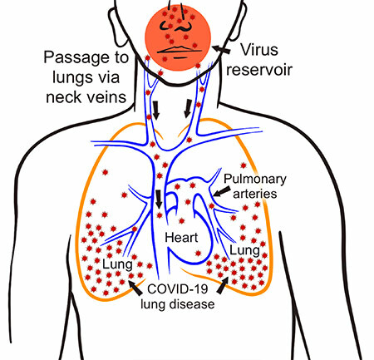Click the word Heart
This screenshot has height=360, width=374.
click(181, 238)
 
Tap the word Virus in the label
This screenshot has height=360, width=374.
click(259, 50)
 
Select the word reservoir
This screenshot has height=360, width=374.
click(259, 70)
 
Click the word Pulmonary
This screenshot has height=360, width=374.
click(255, 180)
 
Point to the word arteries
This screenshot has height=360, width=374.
click(255, 194)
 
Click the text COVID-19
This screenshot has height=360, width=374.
click(178, 289)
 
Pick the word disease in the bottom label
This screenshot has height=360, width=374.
click(192, 304)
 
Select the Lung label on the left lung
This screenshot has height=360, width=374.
click(117, 264)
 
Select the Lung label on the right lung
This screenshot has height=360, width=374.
click(244, 251)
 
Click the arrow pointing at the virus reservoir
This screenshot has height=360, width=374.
click(221, 49)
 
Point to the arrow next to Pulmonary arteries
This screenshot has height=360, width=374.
click(222, 191)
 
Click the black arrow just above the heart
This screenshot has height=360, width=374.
click(159, 199)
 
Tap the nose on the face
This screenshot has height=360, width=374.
click(181, 26)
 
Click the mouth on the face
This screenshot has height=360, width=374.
click(179, 50)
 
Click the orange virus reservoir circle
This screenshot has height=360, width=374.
click(178, 37)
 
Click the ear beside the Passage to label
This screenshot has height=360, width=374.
click(116, 27)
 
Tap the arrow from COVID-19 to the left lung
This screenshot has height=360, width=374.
click(135, 288)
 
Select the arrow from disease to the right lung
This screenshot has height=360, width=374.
click(223, 285)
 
